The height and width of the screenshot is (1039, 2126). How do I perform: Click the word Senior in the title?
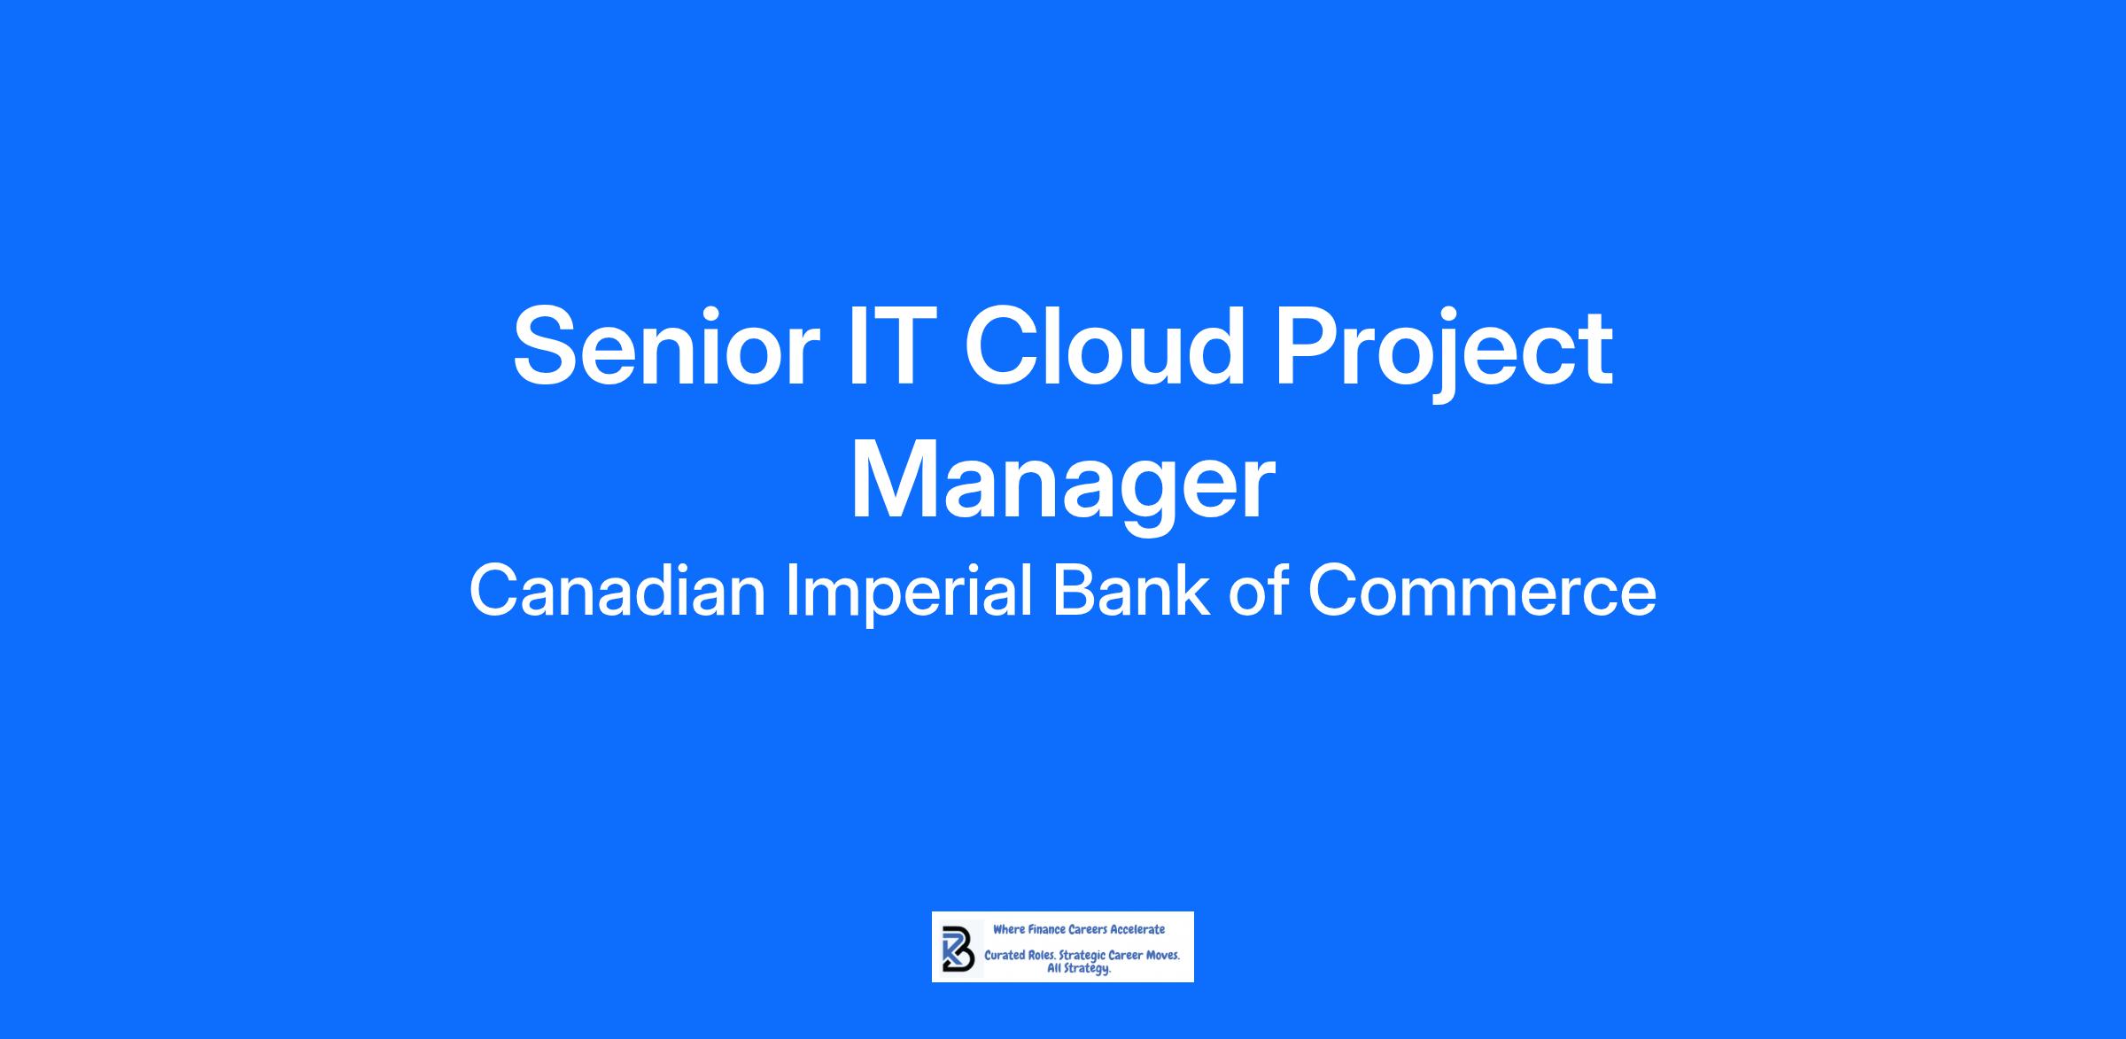click(x=660, y=345)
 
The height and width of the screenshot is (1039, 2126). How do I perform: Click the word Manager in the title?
click(x=1062, y=484)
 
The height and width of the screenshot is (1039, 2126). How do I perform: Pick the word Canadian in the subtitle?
click(x=617, y=591)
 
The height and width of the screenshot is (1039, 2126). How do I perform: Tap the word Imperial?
click(x=910, y=594)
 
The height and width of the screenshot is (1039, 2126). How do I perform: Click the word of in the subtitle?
click(x=1260, y=591)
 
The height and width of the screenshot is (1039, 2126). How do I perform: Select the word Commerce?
click(x=1482, y=593)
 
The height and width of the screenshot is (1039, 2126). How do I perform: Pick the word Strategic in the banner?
click(x=1082, y=957)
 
